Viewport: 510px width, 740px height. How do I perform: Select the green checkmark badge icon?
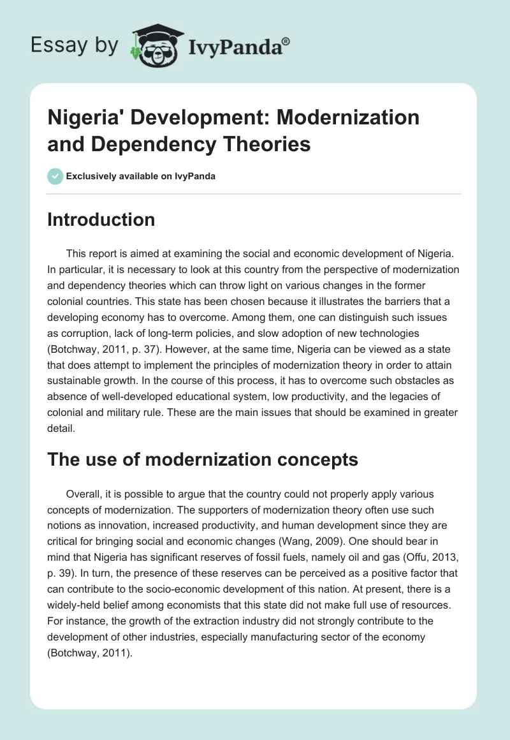55,176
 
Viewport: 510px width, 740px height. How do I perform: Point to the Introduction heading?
101,220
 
